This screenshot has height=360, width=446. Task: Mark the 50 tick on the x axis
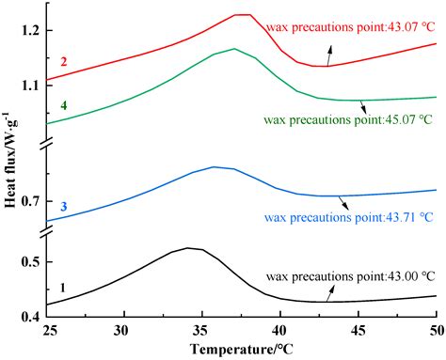click(435, 331)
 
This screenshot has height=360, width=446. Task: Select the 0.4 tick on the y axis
click(29, 318)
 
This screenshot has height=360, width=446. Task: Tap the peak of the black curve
click(188, 248)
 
